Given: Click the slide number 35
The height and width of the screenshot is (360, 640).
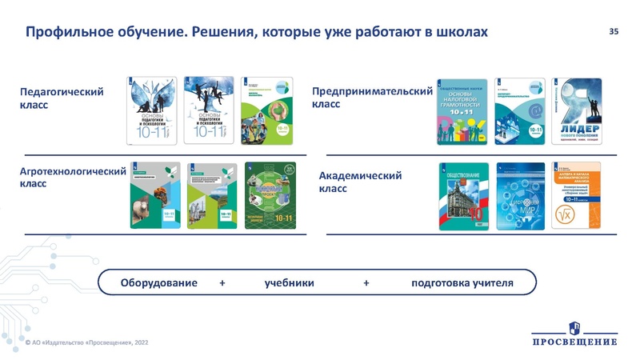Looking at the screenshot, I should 614,31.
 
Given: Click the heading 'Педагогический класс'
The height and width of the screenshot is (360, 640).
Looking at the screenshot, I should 62,98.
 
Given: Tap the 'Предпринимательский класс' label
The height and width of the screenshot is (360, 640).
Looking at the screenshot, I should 372,98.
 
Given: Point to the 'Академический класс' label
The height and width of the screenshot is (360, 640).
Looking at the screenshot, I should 360,182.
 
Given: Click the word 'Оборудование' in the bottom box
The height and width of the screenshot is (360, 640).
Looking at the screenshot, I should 158,283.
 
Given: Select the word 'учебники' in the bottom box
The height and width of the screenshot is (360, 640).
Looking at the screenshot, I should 289,283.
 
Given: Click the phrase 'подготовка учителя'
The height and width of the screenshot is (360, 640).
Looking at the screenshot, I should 462,283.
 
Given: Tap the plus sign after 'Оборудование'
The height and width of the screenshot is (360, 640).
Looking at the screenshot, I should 222,283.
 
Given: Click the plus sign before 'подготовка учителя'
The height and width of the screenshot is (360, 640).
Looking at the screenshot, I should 366,283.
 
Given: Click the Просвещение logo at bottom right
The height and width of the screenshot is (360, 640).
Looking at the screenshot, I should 574,334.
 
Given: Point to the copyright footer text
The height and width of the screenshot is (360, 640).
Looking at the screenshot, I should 86,342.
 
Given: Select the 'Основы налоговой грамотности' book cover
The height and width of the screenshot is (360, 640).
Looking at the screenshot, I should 464,111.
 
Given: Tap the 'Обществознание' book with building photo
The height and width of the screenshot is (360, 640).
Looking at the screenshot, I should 465,197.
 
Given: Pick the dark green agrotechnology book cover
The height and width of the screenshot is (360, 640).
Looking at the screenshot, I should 270,196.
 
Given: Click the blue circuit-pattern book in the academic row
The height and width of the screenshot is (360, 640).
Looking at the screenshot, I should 522,197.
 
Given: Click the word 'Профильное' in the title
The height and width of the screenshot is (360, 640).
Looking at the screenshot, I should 67,32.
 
